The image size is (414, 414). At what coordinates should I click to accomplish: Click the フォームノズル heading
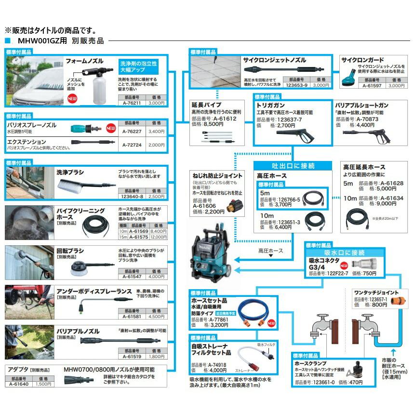(x=85, y=61)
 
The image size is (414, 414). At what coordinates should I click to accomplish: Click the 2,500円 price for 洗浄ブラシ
(x=155, y=197)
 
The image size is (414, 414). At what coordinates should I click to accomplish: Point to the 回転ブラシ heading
(x=70, y=251)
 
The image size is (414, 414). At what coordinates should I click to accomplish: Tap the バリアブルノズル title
(x=78, y=332)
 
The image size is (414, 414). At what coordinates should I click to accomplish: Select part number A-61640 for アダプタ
(x=18, y=384)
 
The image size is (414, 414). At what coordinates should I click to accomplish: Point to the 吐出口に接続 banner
(x=294, y=165)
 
